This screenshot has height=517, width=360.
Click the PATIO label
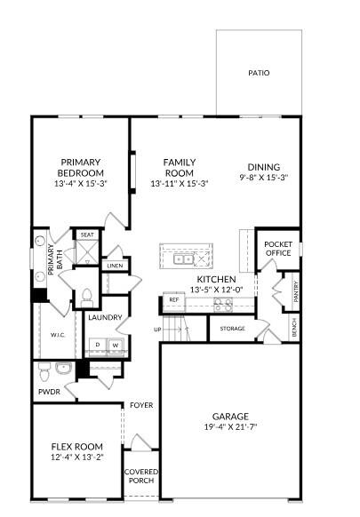[x=259, y=73]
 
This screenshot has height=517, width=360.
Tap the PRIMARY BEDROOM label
[x=81, y=167]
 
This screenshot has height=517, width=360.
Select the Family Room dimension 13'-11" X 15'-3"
[x=179, y=184]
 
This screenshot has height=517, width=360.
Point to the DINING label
[x=263, y=167]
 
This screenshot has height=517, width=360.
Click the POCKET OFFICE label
[x=277, y=248]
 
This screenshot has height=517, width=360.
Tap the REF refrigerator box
[x=174, y=301]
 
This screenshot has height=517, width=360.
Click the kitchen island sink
[x=182, y=259]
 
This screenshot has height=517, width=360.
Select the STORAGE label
[x=232, y=328]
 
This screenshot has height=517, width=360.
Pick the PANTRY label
[x=295, y=290]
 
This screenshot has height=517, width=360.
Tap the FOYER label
[x=141, y=405]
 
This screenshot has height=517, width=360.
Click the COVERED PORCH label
[x=140, y=476]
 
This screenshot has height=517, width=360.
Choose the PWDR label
[x=49, y=390]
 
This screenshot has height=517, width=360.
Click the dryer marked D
[x=97, y=345]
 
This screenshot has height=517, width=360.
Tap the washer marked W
[x=115, y=345]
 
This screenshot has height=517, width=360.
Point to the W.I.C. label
[x=57, y=335]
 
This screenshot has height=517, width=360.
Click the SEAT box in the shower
[x=87, y=235]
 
